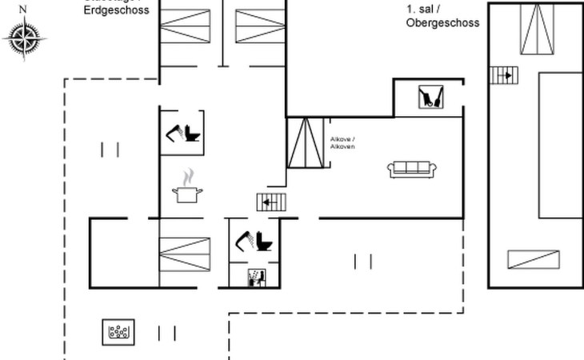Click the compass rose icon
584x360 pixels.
pyautogui.click(x=24, y=38)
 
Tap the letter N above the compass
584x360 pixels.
pyautogui.click(x=22, y=9)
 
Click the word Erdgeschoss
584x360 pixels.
pyautogui.click(x=117, y=10)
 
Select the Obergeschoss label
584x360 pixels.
pyautogui.click(x=442, y=23)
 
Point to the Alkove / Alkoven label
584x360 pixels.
pyautogui.click(x=342, y=142)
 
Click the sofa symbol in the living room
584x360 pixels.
pyautogui.click(x=411, y=169)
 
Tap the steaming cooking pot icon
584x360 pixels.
pyautogui.click(x=188, y=188)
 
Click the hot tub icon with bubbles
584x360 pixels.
pyautogui.click(x=118, y=332)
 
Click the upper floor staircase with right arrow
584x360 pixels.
pyautogui.click(x=504, y=75)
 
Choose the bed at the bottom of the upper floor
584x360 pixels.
pyautogui.click(x=533, y=260)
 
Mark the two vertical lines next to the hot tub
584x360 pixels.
pyautogui.click(x=167, y=333)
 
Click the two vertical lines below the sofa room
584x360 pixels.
pyautogui.click(x=362, y=261)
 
